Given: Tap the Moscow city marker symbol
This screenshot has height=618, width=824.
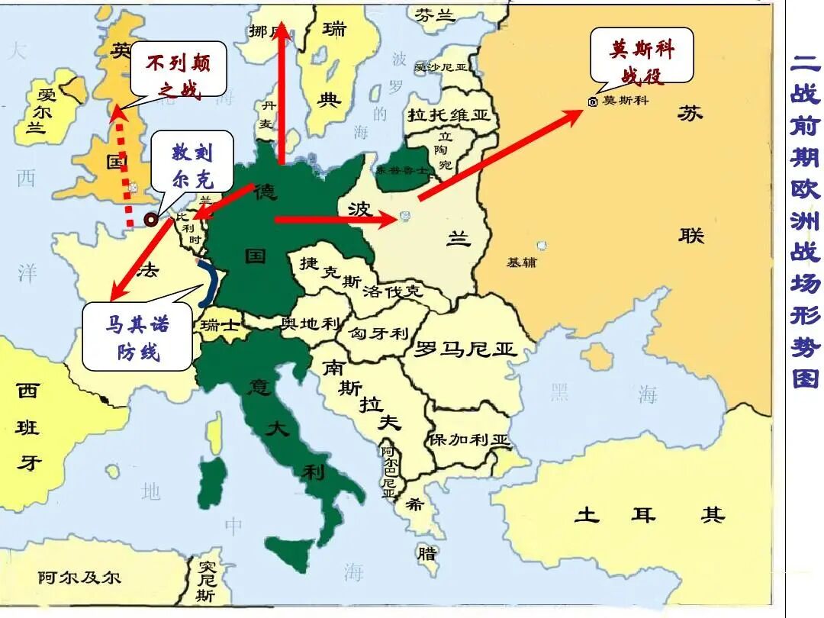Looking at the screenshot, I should pyautogui.click(x=594, y=101).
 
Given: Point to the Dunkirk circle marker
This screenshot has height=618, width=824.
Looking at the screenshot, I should pyautogui.click(x=152, y=219).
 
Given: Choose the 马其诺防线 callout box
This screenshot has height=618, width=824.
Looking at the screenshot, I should pyautogui.click(x=137, y=338).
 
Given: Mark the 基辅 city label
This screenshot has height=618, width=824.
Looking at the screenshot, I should pyautogui.click(x=522, y=262).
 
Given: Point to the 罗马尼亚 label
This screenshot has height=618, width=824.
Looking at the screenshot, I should pyautogui.click(x=465, y=350).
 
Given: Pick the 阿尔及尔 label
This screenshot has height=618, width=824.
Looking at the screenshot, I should pyautogui.click(x=79, y=578).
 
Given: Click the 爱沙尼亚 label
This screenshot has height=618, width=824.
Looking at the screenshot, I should pyautogui.click(x=440, y=67).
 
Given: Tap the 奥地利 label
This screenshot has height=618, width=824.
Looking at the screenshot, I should pyautogui.click(x=311, y=323).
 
